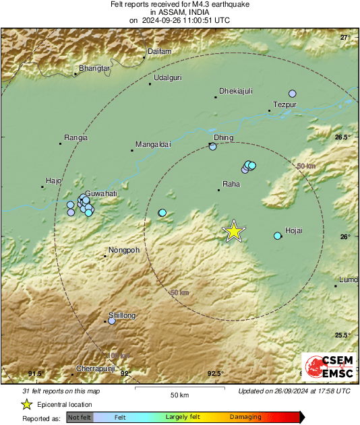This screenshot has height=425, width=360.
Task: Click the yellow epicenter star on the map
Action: coord(234,231)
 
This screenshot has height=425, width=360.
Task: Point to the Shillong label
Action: coord(122,315)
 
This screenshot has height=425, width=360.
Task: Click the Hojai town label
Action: coord(295,230)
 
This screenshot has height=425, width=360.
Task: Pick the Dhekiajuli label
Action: coord(235,92)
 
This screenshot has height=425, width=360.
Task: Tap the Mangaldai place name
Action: coord(154,144)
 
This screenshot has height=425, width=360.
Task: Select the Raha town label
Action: coord(231,184)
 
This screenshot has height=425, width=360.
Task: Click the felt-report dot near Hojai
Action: coord(277,236)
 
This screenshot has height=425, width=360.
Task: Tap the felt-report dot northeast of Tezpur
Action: coord(293,94)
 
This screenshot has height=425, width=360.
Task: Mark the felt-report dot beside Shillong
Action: coord(112,321)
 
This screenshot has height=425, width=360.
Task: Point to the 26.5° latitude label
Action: coord(344,137)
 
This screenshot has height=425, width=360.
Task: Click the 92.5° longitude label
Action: coord(215,373)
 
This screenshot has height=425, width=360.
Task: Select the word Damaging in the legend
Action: coord(245,418)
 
